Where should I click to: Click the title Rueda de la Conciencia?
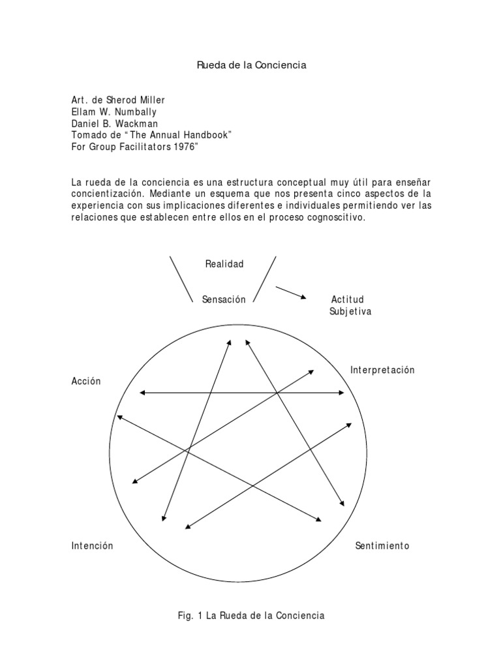(x=251, y=66)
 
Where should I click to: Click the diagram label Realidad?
(x=224, y=264)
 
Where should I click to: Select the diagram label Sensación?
(x=224, y=299)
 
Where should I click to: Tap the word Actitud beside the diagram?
(x=347, y=299)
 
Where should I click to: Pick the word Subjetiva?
(x=350, y=311)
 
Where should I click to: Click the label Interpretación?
(x=382, y=370)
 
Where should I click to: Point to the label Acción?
(x=86, y=382)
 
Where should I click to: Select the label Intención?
(x=93, y=545)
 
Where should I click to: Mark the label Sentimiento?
(x=382, y=545)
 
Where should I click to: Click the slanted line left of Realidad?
(x=181, y=278)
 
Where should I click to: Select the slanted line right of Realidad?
(x=264, y=278)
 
